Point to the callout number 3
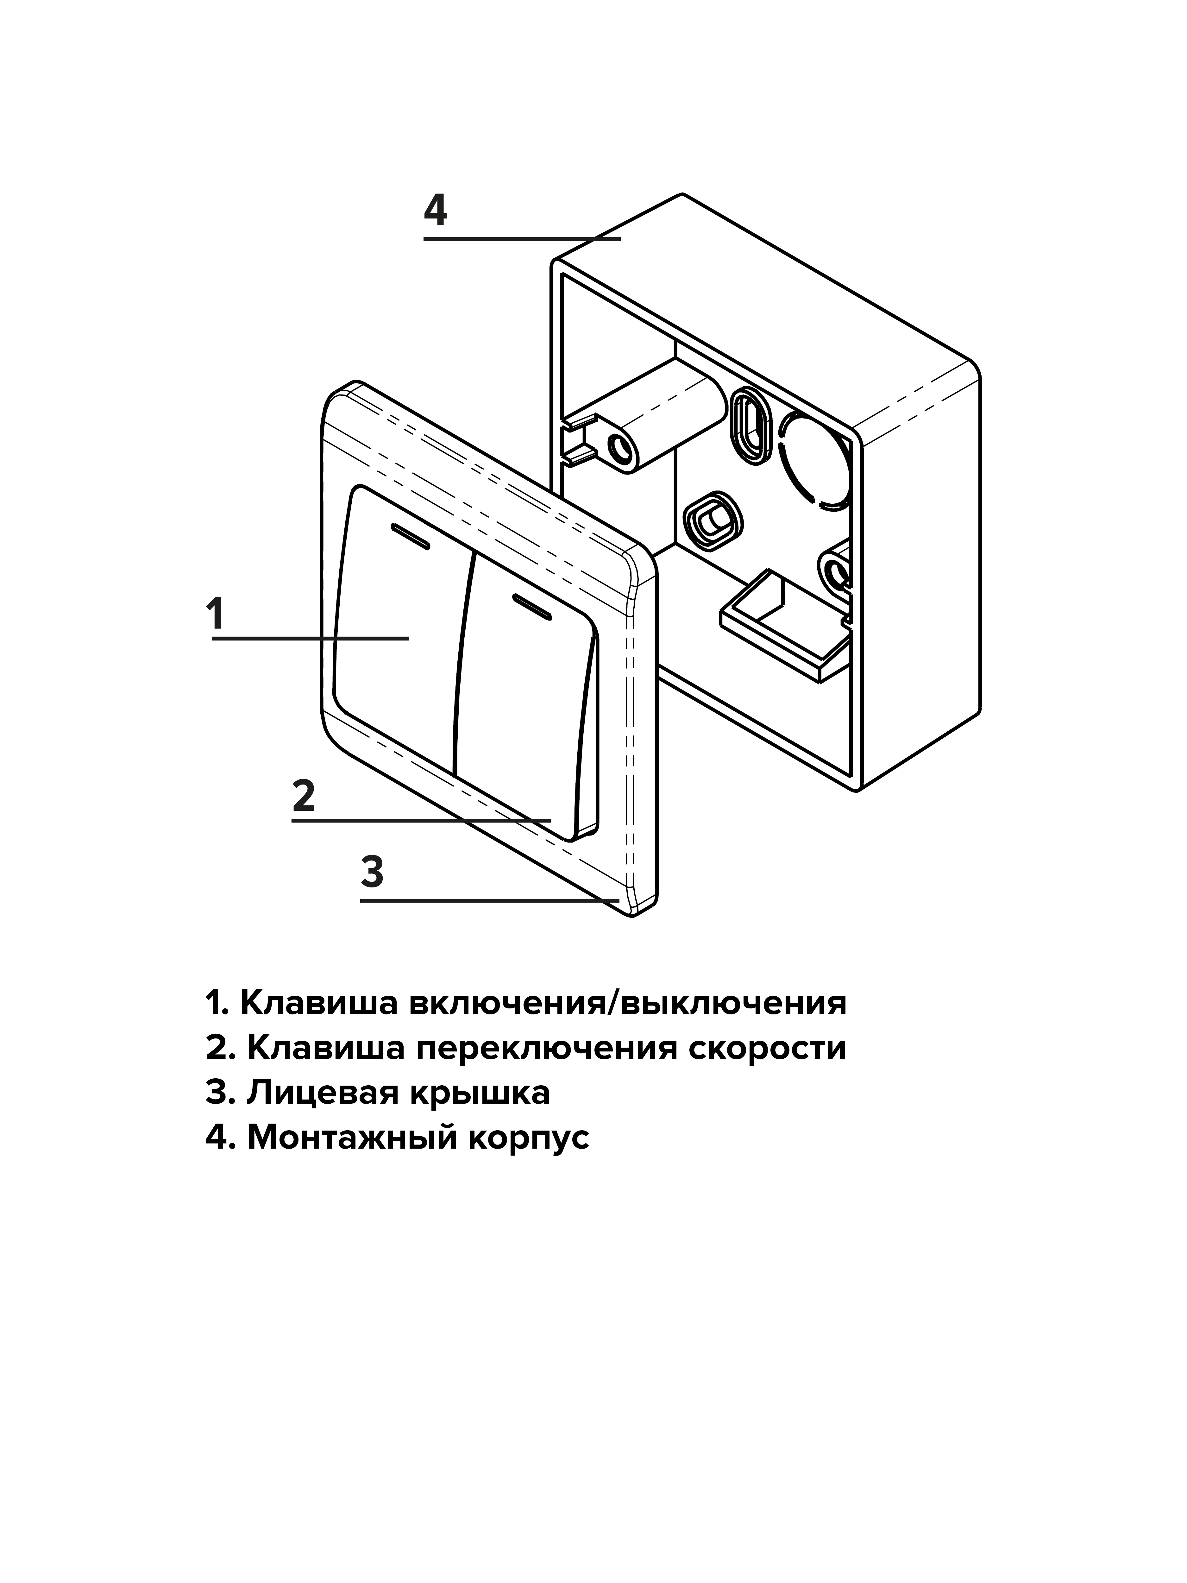[372, 872]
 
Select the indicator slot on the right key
[531, 605]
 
